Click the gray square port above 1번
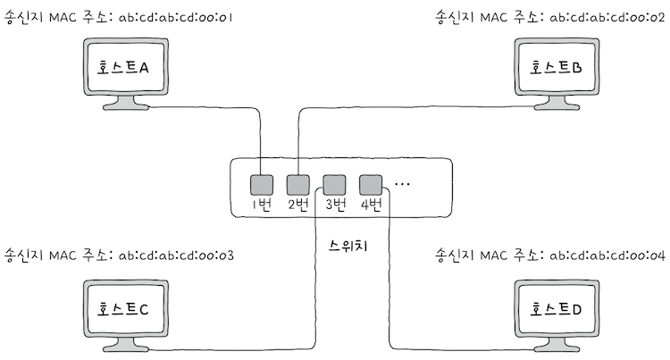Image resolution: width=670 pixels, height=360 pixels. coord(260,185)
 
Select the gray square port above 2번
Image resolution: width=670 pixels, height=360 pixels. coord(297,185)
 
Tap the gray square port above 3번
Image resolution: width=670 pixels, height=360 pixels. coord(334,185)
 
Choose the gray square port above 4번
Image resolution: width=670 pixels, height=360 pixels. coord(370,185)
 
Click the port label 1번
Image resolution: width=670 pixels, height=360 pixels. coord(261,205)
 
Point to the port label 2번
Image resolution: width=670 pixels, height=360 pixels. coord(297,205)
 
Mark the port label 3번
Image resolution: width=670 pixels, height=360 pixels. coord(334,205)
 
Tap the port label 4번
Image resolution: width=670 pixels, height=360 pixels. coord(371,205)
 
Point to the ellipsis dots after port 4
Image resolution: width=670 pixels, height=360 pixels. coord(402,185)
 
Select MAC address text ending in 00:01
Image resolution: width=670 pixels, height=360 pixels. coord(175,17)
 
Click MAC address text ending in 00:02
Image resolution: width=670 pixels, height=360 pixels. coord(607,17)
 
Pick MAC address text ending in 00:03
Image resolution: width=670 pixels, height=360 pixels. coord(175,256)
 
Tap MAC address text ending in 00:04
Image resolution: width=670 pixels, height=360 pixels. coord(607,256)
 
